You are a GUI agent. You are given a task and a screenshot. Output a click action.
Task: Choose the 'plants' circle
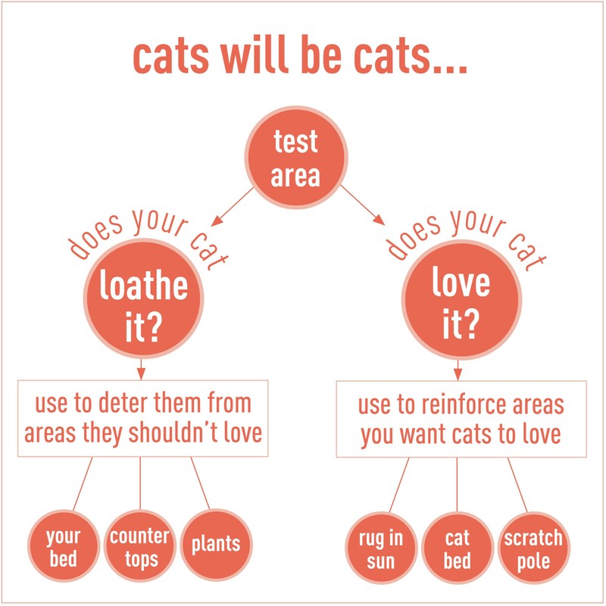click(x=215, y=544)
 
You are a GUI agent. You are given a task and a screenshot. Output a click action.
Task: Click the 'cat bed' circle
click(x=458, y=548)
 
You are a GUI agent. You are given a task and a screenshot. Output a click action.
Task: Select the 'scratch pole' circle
click(x=533, y=548)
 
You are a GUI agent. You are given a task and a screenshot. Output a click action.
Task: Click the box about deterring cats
click(x=142, y=418)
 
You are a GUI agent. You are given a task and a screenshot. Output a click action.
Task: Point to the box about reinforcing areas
click(x=461, y=419)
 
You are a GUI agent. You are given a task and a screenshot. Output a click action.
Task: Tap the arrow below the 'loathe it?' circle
click(x=142, y=368)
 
